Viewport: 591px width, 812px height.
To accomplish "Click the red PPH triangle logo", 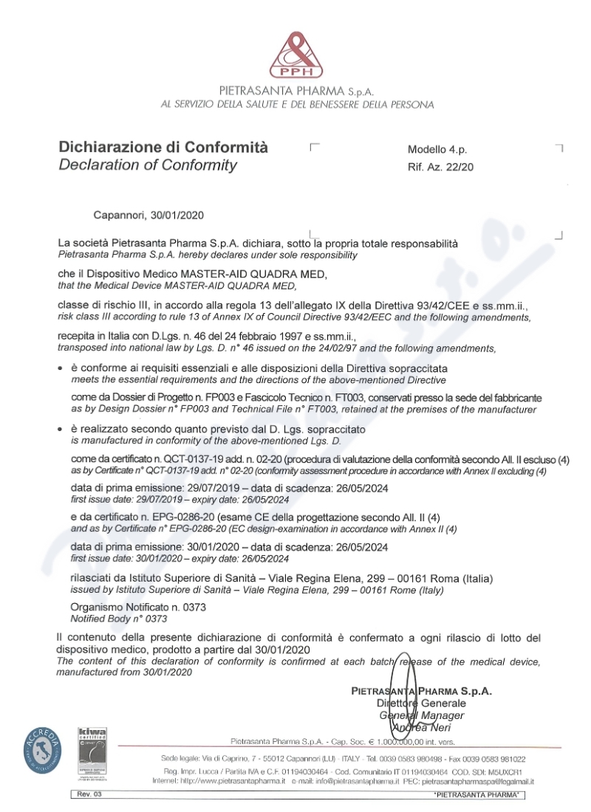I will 295,51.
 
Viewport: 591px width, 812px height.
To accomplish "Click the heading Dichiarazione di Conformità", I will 163,146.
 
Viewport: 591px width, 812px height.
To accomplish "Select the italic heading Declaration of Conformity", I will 148,165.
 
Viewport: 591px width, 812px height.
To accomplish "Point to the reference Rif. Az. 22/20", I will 440,168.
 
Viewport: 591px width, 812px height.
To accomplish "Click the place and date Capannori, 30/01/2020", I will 148,215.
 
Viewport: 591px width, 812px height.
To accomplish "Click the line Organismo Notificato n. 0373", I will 137,606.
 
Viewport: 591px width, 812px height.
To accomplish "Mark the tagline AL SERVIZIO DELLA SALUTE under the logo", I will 297,105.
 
